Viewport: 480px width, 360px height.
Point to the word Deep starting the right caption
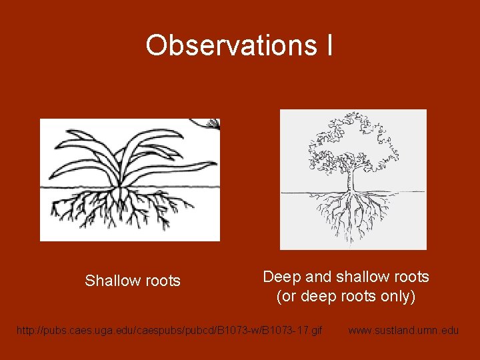(x=282, y=277)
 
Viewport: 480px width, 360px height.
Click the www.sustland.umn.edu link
(x=403, y=330)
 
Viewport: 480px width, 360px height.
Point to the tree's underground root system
(x=351, y=213)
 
